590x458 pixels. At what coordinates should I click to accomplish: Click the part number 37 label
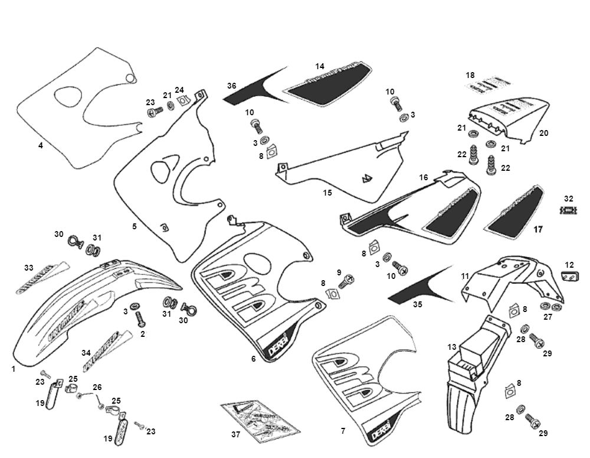pos(235,434)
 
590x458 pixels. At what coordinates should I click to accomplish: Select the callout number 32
pos(568,199)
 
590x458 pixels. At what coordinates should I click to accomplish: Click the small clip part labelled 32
pos(568,210)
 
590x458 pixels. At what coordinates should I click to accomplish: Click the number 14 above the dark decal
pos(320,66)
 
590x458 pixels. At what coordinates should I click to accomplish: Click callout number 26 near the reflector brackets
pos(97,387)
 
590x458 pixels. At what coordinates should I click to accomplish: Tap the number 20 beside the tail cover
pos(543,134)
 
